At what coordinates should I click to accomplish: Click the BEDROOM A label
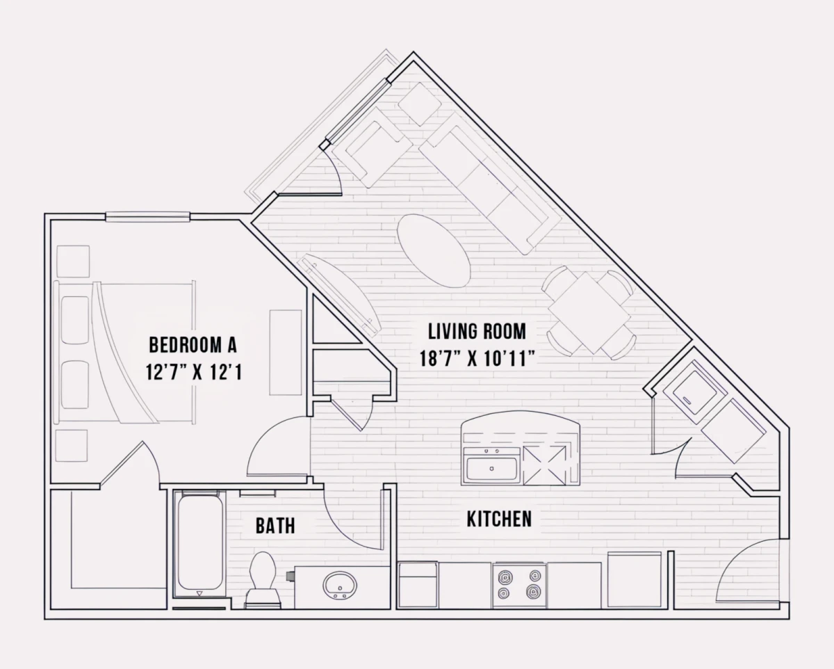(193, 345)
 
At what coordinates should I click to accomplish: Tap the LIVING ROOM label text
(477, 332)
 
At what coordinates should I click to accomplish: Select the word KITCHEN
(499, 519)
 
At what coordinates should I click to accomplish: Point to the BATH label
(275, 526)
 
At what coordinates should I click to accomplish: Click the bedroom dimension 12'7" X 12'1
(194, 372)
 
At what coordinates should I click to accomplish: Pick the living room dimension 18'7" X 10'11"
(477, 358)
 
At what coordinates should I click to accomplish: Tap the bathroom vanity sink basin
(340, 586)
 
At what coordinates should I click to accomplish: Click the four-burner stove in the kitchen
(519, 586)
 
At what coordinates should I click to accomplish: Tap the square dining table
(589, 313)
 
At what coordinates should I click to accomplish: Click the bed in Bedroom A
(124, 352)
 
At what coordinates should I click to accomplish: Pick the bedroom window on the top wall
(147, 217)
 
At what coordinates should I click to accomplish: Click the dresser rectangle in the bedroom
(286, 353)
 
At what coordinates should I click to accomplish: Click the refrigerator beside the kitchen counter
(635, 580)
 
